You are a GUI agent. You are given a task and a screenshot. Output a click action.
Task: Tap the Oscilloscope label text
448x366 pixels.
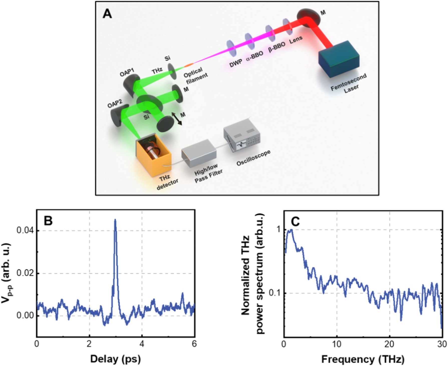point(253,158)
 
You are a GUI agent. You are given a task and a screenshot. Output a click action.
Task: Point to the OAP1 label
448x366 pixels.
point(127,73)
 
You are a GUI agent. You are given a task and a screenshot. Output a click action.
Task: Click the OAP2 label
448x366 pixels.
point(115,103)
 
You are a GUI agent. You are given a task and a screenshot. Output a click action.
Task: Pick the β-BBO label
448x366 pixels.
point(277,47)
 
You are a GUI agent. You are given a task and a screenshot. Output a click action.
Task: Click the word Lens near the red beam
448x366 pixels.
point(296,40)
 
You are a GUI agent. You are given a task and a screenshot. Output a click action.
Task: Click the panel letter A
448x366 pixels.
point(107,14)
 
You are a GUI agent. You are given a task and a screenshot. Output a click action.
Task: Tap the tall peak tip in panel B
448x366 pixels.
point(115,220)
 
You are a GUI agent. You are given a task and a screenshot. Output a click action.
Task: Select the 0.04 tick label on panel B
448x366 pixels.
point(25,230)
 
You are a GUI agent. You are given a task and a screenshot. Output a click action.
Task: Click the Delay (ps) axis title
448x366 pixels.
point(115,359)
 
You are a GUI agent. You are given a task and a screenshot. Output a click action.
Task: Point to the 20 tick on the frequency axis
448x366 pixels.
point(389,344)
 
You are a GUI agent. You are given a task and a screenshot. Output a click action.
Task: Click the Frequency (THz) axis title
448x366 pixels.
point(363,359)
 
